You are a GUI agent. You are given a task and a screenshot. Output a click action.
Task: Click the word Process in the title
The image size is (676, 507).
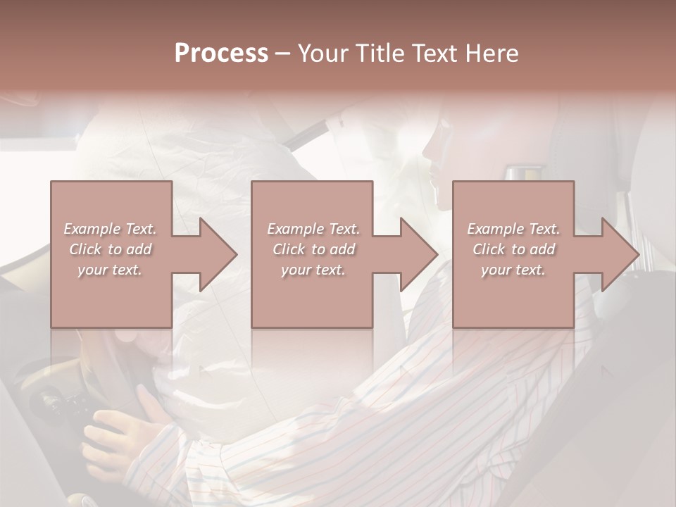coord(221,54)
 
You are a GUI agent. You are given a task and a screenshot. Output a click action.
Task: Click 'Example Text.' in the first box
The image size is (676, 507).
coord(110,229)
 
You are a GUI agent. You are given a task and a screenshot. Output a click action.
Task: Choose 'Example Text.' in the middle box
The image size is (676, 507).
coord(313,229)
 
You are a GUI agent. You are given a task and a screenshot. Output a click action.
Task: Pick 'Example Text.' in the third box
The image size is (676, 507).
coord(513,229)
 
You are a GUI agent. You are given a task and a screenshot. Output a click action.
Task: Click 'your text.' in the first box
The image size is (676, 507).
coord(110,270)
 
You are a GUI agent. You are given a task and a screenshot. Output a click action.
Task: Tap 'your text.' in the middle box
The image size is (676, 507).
coord(313,270)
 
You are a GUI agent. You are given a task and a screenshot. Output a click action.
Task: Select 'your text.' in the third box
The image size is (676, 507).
coord(513,270)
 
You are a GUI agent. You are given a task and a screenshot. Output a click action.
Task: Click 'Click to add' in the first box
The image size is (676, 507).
coord(110,249)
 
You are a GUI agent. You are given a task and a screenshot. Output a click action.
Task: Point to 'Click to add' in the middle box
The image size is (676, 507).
coord(313,249)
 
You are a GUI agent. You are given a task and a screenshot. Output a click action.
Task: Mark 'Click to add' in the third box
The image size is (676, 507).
coord(513,249)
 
